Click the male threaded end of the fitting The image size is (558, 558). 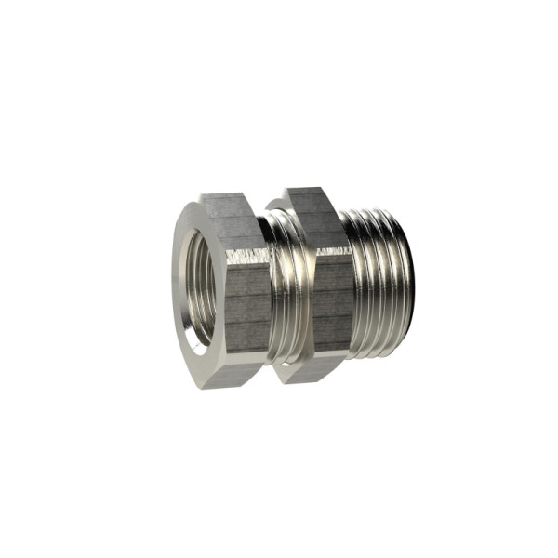[x=377, y=288]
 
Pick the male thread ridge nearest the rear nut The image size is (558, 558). [x=358, y=288]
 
